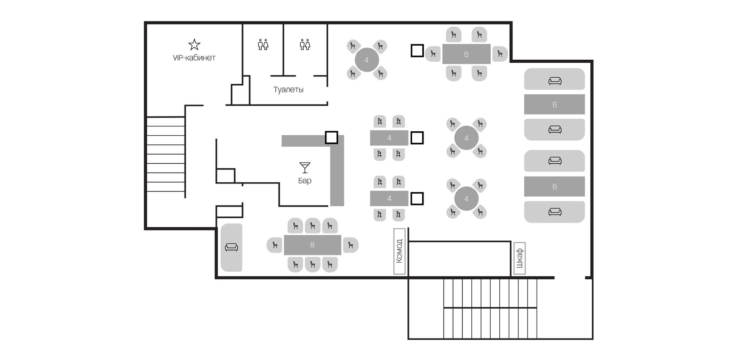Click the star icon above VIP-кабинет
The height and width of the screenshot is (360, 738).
[x=194, y=44]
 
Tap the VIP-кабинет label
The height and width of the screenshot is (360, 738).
[x=194, y=58]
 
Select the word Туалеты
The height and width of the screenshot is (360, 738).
[x=288, y=90]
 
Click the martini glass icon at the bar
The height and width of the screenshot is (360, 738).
[x=305, y=168]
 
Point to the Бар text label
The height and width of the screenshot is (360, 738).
[x=305, y=180]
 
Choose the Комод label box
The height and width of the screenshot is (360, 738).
[x=399, y=251]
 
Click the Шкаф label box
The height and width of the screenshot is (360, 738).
[x=520, y=258]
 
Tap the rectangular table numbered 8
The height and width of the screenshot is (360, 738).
[x=312, y=245]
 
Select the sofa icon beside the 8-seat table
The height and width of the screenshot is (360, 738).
[x=231, y=247]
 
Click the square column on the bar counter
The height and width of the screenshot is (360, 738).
[x=331, y=137]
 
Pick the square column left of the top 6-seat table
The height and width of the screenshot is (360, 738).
[x=417, y=51]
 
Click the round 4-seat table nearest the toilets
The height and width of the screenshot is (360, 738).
[x=367, y=60]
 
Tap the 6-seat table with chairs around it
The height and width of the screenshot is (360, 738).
[x=466, y=54]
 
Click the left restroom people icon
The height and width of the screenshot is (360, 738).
[x=263, y=44]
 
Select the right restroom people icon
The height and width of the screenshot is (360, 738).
[x=305, y=44]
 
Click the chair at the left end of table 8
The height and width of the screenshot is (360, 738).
[x=275, y=245]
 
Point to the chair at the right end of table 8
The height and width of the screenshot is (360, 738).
[x=350, y=245]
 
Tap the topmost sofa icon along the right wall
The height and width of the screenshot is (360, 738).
[x=555, y=81]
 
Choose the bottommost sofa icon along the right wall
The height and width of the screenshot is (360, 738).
[x=555, y=212]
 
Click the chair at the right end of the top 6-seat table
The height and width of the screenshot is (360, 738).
[x=500, y=54]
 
